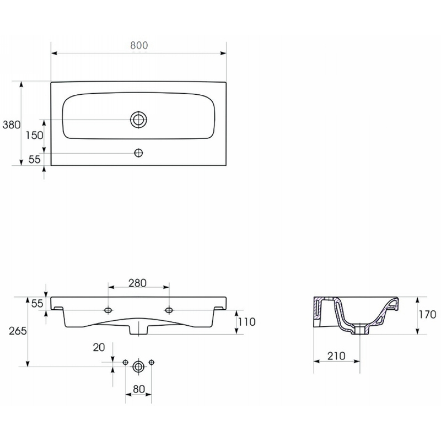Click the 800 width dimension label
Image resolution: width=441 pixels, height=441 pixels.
(x=139, y=45)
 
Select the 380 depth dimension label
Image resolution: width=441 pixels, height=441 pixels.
(x=12, y=125)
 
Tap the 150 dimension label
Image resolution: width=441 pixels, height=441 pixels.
(x=35, y=135)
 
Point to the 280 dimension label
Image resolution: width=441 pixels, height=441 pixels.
(x=137, y=283)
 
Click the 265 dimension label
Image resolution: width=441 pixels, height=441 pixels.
(x=18, y=331)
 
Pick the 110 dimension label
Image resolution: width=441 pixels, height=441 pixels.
(x=246, y=322)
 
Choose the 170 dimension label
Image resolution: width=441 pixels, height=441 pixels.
(x=428, y=314)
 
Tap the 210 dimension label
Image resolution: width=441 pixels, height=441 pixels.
(x=336, y=356)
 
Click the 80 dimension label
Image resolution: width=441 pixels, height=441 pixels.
(x=139, y=389)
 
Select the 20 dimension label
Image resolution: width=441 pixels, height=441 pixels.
(x=99, y=347)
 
